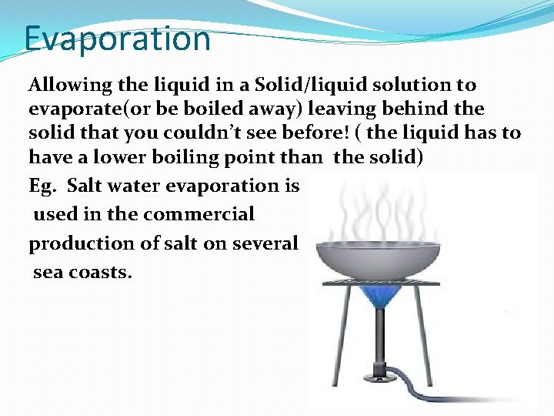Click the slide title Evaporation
click(117, 39)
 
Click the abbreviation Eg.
click(42, 186)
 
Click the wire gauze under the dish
click(381, 283)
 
